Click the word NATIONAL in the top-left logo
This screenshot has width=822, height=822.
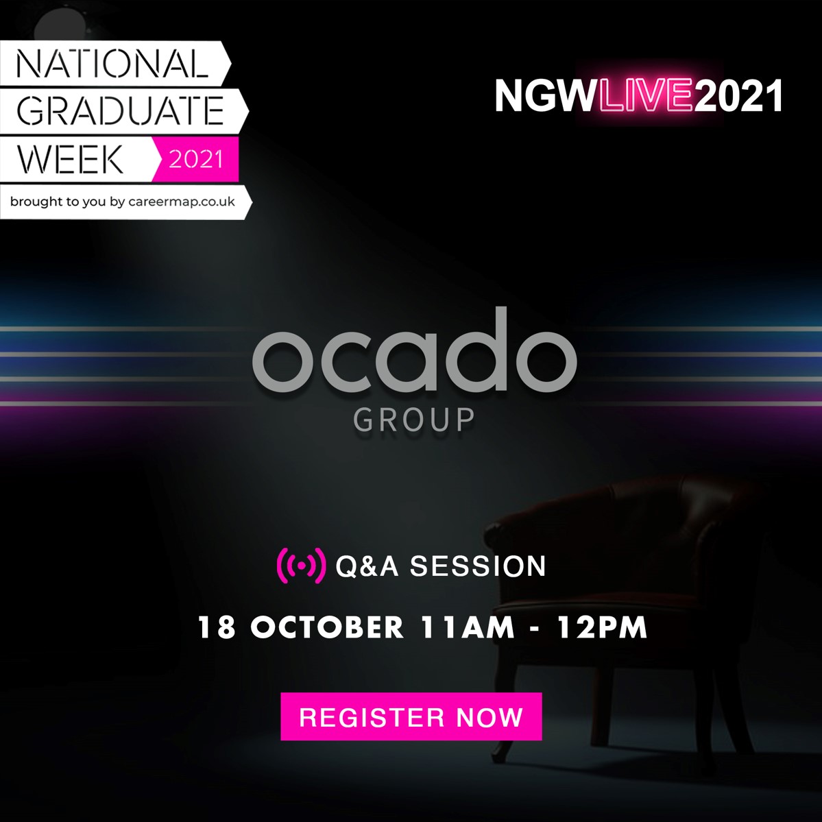point(112,64)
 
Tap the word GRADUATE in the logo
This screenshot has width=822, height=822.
point(121,110)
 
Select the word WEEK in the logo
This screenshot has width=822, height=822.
point(70,159)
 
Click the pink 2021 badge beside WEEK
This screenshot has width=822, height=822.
point(195,159)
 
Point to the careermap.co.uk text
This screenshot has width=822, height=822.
point(182,202)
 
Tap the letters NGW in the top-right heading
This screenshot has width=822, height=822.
point(546,95)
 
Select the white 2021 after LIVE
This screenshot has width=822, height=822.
point(738,95)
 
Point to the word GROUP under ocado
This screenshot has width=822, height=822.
point(414,420)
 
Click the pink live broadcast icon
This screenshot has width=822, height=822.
point(301,566)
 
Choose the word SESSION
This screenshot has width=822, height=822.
point(478,566)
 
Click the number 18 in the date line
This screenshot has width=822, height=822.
point(217,627)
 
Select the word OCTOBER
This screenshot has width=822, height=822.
point(328,627)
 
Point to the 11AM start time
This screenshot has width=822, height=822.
point(467,627)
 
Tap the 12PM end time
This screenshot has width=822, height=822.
point(603,627)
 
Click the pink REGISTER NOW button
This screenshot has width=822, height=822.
point(411,716)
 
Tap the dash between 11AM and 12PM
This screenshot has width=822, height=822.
point(535,629)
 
